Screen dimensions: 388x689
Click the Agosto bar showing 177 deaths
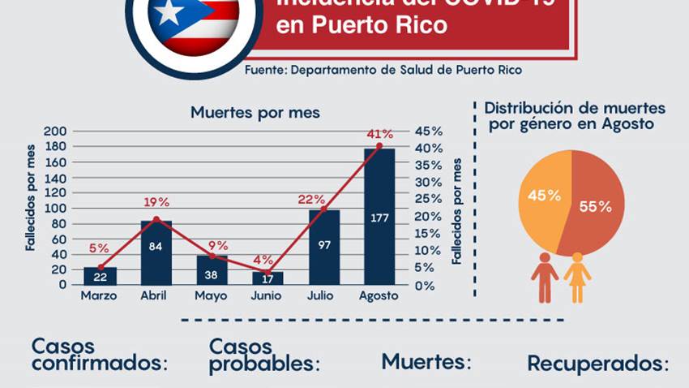pos(379,216)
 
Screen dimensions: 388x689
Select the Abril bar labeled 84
pos(156,252)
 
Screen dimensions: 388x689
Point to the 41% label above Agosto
pos(379,134)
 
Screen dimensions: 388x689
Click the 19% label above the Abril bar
pos(156,202)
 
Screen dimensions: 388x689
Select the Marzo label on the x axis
pos(99,295)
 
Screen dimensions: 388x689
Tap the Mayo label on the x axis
pos(211,295)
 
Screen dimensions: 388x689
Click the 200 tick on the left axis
pos(54,131)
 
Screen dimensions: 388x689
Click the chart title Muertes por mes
pos(255,113)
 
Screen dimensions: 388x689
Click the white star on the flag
pos(169,13)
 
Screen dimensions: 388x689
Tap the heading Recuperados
pos(598,363)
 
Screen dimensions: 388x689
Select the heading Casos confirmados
pos(99,355)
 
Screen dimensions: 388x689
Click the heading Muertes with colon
pos(426,360)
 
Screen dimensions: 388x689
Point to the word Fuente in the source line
pos(264,71)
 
